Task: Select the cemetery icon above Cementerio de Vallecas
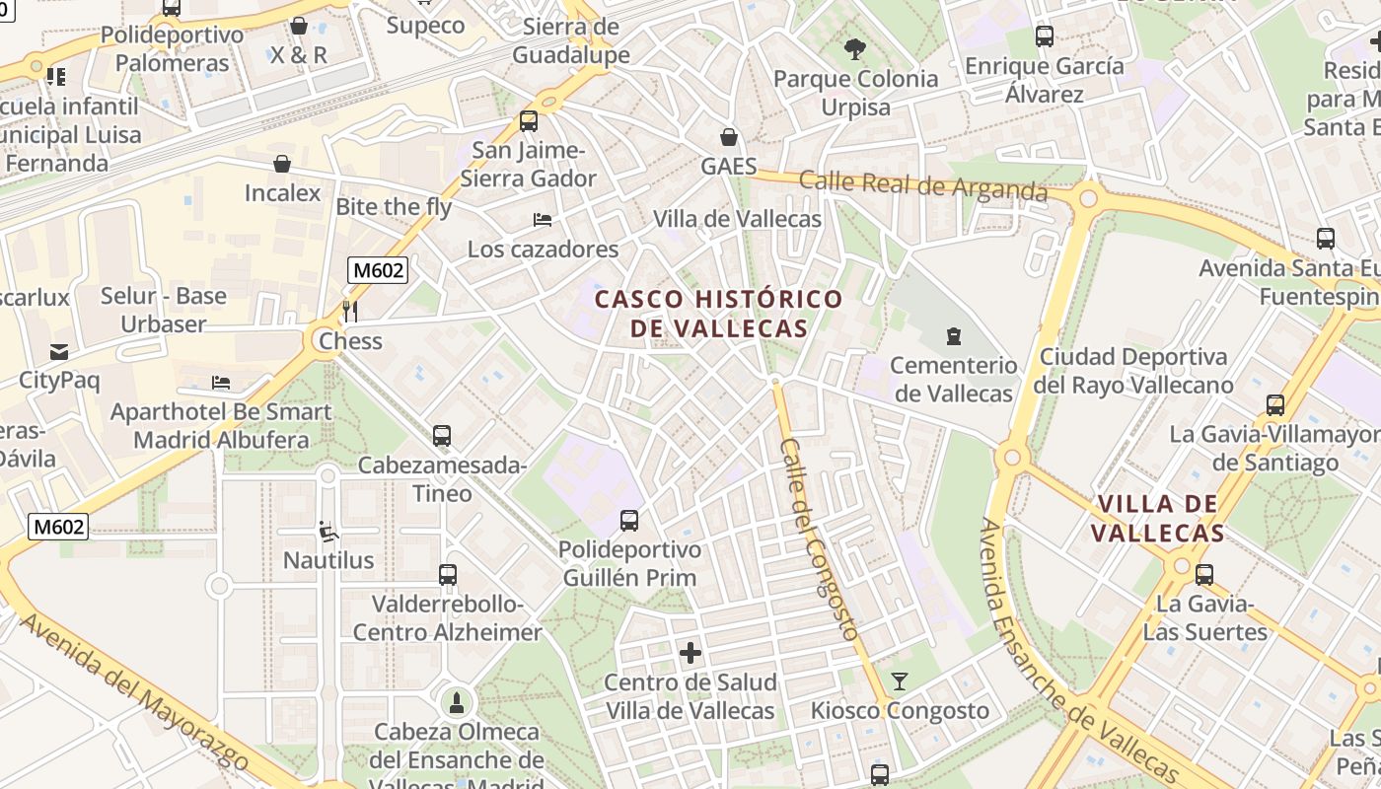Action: coord(953,336)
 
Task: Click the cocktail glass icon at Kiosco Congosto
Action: coord(899,681)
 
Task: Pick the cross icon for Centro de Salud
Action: coord(690,652)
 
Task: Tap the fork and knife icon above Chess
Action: coord(349,312)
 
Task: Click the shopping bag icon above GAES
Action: coord(728,136)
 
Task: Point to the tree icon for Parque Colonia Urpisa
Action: coord(855,48)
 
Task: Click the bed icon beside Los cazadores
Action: coord(543,219)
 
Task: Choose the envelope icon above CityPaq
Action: coord(59,351)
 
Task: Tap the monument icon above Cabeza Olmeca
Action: coord(457,702)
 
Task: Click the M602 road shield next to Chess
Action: coord(378,269)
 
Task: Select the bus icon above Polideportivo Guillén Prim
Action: coord(629,520)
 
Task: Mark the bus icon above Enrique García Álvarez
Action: coord(1044,36)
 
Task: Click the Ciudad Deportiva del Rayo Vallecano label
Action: coord(1133,370)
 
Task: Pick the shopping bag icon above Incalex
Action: coord(282,163)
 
